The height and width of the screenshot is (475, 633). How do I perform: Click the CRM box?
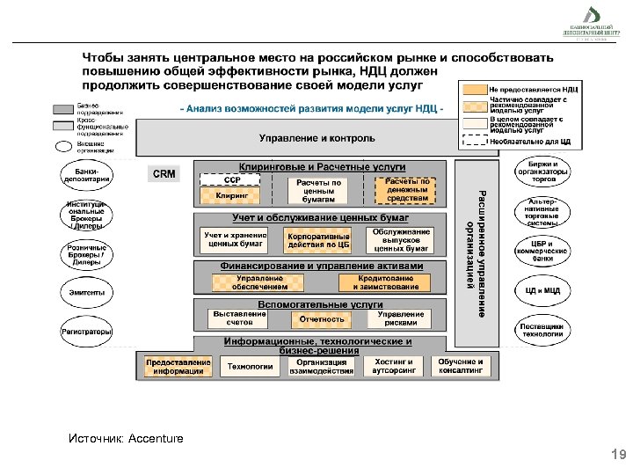164,174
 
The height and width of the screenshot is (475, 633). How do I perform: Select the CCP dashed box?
231,179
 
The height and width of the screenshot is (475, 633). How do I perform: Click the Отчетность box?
322,319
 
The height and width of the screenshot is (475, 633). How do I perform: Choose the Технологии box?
251,366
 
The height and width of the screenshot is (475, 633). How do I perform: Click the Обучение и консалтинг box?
461,366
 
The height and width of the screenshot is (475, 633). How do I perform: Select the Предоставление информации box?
178,366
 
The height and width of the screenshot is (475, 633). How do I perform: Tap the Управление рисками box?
401,318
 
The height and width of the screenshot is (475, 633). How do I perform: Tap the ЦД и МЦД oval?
542,290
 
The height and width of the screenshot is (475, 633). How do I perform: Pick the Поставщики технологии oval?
542,329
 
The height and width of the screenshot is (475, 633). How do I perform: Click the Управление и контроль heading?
316,138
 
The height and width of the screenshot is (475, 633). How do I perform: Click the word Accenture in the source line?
156,438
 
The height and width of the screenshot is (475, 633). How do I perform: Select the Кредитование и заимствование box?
385,282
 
